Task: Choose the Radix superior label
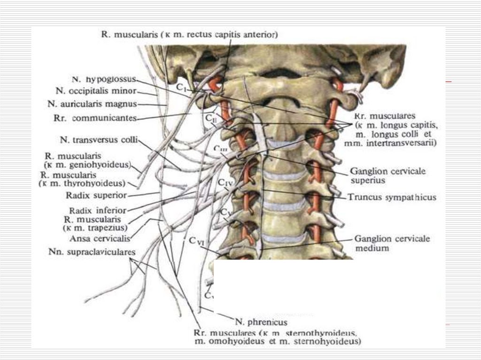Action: click(x=98, y=194)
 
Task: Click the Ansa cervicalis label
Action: click(x=100, y=238)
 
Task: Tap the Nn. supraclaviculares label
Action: click(x=92, y=252)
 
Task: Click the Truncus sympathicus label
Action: click(x=392, y=198)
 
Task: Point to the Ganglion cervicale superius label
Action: click(x=388, y=175)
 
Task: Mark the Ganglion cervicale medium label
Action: click(x=392, y=243)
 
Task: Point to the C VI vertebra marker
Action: click(x=198, y=241)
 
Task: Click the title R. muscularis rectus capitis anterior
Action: click(x=189, y=34)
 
